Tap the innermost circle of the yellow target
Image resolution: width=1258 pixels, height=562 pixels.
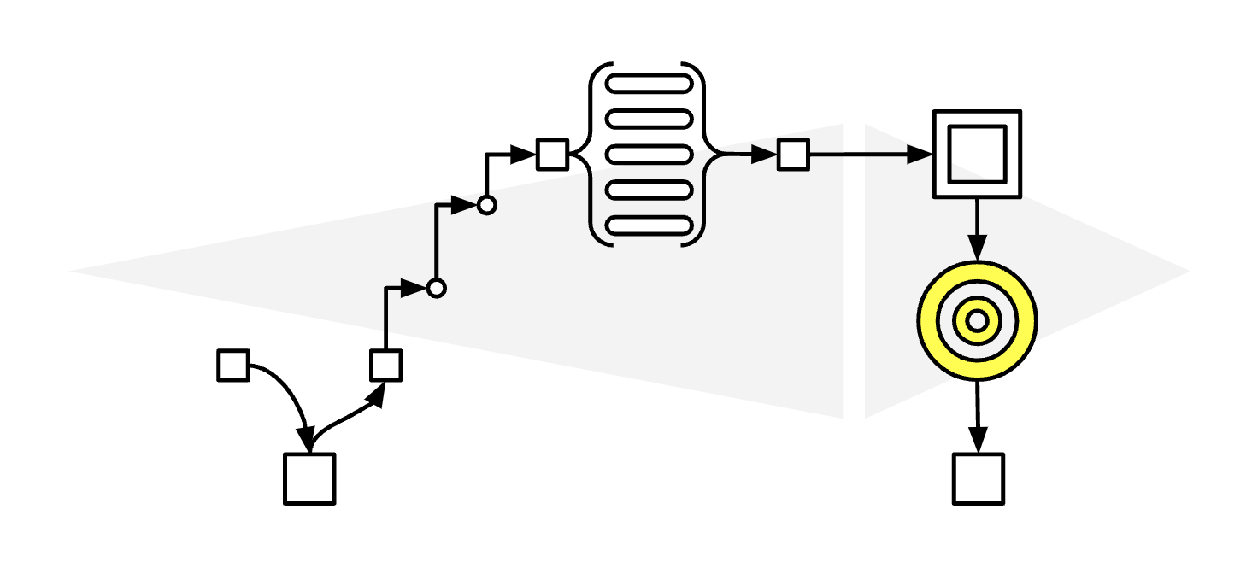coord(977,321)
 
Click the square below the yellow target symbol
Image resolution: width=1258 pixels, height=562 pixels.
coord(978,478)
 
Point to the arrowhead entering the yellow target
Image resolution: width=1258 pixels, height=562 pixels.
coord(977,249)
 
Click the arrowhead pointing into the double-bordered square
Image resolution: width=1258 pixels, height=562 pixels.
coord(920,155)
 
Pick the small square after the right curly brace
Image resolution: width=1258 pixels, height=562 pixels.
coord(793,155)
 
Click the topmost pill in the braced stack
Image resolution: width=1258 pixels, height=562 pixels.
coord(648,84)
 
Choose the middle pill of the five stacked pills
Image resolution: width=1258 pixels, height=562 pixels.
coord(648,155)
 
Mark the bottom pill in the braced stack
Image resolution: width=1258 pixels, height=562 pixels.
coord(648,225)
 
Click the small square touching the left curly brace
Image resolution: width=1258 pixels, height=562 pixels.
coord(552,155)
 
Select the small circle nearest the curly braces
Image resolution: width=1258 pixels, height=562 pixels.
coord(486,205)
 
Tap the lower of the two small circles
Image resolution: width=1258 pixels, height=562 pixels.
coord(437,289)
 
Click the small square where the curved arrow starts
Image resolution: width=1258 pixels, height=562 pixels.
coord(233,366)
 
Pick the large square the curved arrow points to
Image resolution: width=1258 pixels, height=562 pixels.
coord(309,478)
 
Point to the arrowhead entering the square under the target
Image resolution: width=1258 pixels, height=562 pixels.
coord(978,441)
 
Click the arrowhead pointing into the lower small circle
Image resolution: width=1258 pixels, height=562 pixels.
coord(415,289)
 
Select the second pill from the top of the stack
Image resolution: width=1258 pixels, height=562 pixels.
coord(648,119)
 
